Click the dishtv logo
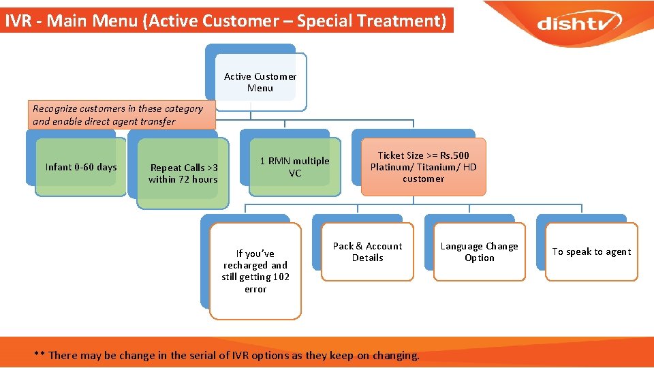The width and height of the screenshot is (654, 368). (578, 23)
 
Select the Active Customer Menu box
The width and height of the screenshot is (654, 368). (260, 82)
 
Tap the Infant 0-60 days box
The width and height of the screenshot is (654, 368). (81, 167)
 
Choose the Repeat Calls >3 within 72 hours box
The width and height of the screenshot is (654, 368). (183, 173)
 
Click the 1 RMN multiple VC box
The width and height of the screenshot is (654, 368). (294, 167)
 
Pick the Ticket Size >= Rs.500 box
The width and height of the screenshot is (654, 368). (423, 167)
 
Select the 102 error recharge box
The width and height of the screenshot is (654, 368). (255, 271)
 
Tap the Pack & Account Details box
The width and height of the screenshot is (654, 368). (367, 251)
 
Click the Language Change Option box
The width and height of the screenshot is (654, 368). (480, 251)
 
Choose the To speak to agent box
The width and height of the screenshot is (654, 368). (591, 251)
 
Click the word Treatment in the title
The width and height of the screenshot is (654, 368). (407, 20)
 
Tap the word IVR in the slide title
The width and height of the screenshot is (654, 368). (18, 20)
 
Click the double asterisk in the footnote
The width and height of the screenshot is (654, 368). (40, 355)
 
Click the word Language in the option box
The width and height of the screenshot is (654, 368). (462, 246)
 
